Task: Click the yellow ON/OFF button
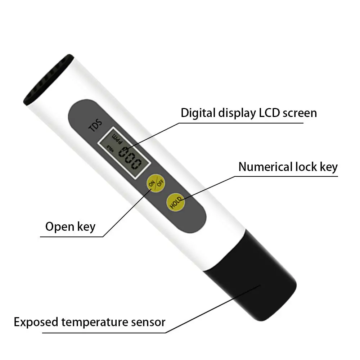156,183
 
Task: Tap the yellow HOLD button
176,202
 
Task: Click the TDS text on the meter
96,125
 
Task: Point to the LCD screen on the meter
124,153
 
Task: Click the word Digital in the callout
198,113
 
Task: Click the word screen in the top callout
300,113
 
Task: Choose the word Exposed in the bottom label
36,322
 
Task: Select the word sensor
148,323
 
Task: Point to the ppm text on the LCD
117,139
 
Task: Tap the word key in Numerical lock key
329,167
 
